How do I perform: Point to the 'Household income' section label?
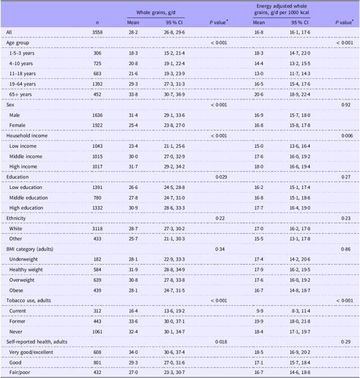coord(25,137)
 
